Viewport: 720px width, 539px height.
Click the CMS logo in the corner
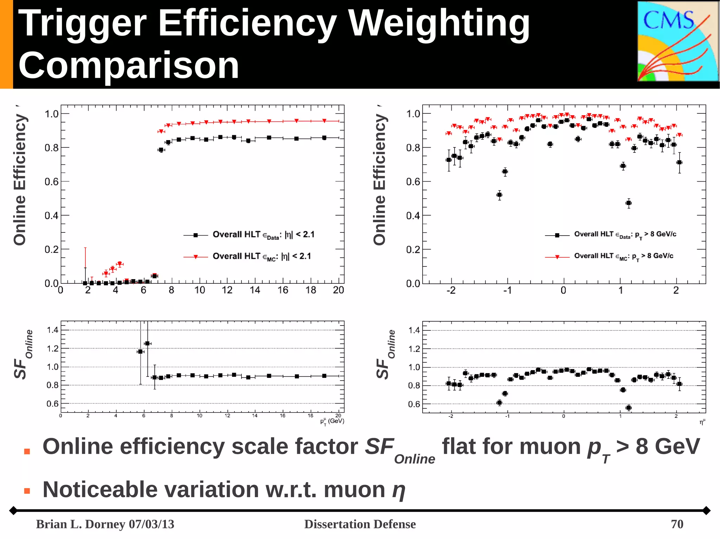(677, 41)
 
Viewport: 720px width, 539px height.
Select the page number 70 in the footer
(677, 524)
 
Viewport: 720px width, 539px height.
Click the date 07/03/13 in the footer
(152, 524)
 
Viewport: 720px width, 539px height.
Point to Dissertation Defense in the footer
(360, 524)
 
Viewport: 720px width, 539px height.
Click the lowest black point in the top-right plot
(629, 203)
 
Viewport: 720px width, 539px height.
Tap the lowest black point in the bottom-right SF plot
(629, 408)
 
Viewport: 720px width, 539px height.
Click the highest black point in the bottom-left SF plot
(147, 343)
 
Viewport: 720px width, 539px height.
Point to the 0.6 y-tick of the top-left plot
(51, 182)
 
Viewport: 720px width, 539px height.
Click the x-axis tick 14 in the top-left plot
(255, 290)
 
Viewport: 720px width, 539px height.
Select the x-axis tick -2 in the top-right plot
(451, 290)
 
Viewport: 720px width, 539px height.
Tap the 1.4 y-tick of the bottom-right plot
(414, 330)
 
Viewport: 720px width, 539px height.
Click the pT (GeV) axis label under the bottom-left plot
(332, 421)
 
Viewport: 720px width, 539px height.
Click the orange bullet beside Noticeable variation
(27, 491)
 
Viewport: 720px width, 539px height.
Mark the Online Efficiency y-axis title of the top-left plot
(20, 179)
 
